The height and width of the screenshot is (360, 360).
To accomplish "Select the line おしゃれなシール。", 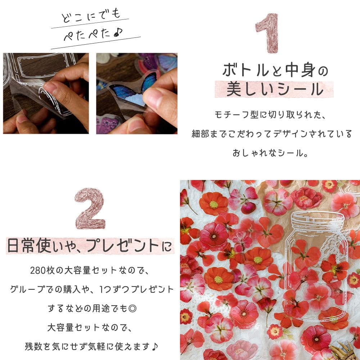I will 270,153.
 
